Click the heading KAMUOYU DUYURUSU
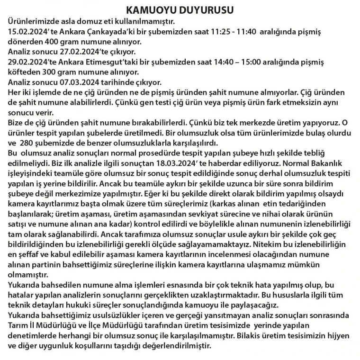180,9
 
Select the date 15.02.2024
29,32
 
